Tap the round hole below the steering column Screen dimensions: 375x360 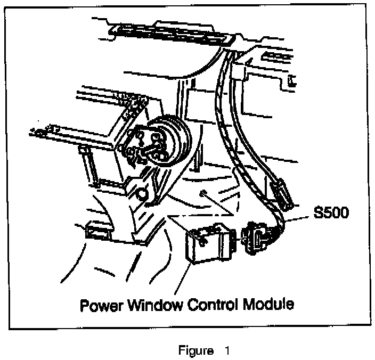[x=141, y=192]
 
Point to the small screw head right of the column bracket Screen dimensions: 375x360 [x=203, y=193]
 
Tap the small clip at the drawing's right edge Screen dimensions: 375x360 [x=291, y=81]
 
